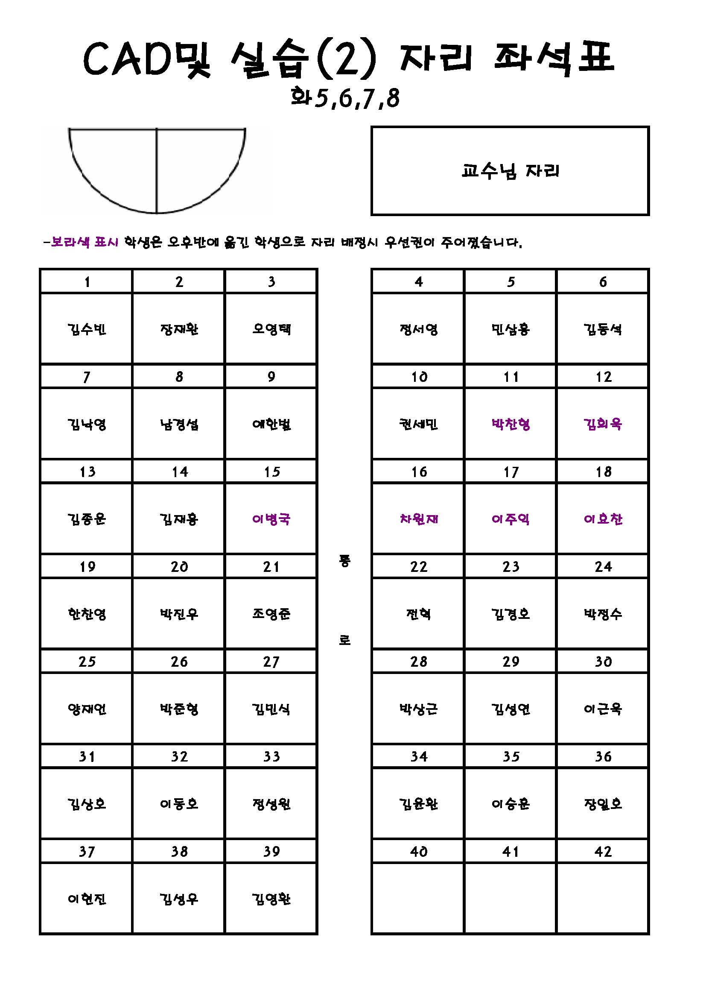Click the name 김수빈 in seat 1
[x=87, y=329]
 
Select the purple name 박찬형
[x=511, y=424]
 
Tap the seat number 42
[x=603, y=852]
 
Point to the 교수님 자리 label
[x=510, y=171]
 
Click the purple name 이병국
[x=271, y=519]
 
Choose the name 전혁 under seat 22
[x=419, y=614]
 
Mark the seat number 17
[x=511, y=472]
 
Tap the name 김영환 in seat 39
[x=271, y=899]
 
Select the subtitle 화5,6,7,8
[x=345, y=98]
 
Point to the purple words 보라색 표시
[x=85, y=242]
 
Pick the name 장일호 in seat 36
[x=603, y=804]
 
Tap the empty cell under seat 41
[x=511, y=899]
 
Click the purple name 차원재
[x=419, y=519]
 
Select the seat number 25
[x=87, y=662]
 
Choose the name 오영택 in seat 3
[x=271, y=329]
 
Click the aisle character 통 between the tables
[x=344, y=561]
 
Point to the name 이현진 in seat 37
[x=87, y=899]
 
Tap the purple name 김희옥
[x=603, y=424]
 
